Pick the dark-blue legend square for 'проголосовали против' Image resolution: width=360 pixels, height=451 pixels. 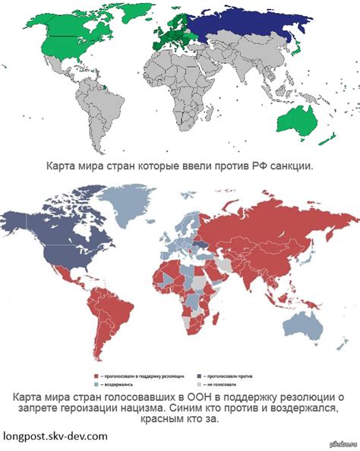click(x=199, y=375)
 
